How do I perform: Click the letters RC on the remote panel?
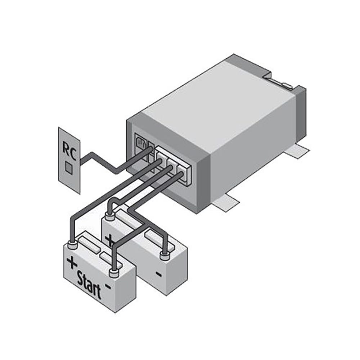69,151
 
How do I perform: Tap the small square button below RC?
69,167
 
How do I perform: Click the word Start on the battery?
89,285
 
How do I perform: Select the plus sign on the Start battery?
72,262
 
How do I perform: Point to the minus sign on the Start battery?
108,286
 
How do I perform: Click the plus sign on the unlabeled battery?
109,240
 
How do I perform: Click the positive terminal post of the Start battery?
73,245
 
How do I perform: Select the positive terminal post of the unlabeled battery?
110,216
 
